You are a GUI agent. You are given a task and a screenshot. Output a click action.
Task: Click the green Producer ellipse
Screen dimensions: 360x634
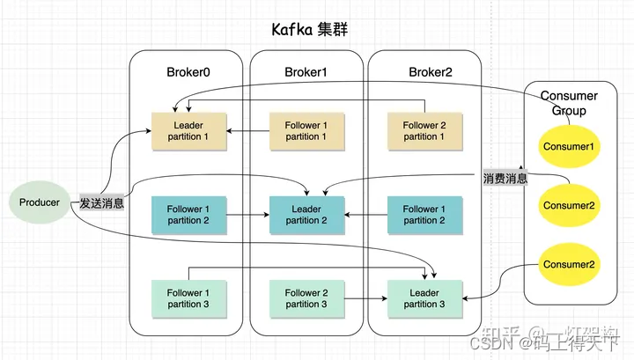(x=40, y=202)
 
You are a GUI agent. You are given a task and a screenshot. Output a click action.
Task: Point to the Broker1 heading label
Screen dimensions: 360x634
(x=306, y=71)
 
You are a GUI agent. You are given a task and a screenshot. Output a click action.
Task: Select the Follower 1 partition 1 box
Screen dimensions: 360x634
(x=306, y=131)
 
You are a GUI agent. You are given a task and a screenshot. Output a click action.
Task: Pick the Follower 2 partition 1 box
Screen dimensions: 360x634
(x=425, y=131)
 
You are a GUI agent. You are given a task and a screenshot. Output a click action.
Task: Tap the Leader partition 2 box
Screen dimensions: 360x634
(x=306, y=215)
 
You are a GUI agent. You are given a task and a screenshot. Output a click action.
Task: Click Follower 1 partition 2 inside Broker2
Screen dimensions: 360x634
(x=425, y=215)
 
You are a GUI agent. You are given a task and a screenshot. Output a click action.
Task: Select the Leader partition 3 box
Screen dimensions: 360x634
(x=425, y=298)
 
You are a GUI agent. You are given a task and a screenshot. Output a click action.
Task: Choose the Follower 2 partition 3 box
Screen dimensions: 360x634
(x=306, y=298)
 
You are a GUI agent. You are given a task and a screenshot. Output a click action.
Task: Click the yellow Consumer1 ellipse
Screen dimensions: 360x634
(x=569, y=145)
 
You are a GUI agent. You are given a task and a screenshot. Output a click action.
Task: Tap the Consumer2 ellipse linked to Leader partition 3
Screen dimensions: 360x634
(x=569, y=264)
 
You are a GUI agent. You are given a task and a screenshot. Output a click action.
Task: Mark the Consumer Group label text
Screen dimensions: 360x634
(x=569, y=103)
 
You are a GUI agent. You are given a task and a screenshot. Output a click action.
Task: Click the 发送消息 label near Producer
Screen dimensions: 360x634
(x=101, y=203)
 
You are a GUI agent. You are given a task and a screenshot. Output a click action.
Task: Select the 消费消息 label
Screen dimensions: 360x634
(x=505, y=179)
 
